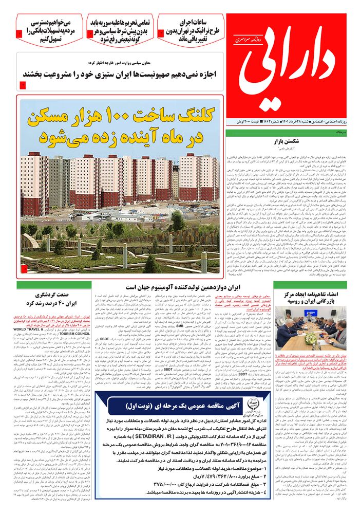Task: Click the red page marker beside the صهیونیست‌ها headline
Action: [x=23, y=84]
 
